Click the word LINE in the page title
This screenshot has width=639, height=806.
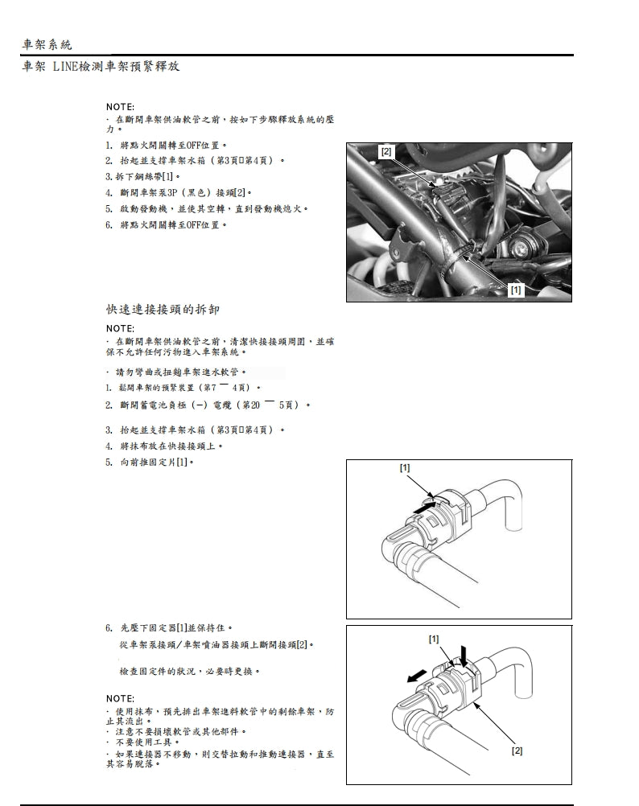coord(65,66)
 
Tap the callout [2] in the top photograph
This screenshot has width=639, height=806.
coord(386,152)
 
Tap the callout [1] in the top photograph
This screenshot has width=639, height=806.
coord(516,290)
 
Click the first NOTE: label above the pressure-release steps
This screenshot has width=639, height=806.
coord(121,107)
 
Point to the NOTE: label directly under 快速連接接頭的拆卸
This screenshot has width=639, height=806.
coord(121,328)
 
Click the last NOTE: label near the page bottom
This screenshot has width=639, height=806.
coord(121,697)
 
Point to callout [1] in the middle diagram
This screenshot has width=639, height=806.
coord(405,467)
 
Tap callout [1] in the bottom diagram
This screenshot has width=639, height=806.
coord(434,639)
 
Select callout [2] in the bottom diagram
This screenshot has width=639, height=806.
coord(517,750)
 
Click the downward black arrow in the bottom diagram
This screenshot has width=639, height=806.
coord(463,653)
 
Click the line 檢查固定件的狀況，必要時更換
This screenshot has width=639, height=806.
coord(189,670)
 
